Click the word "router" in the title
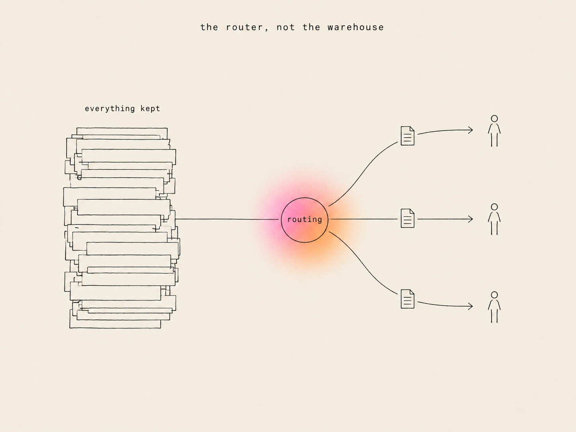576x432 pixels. pyautogui.click(x=244, y=27)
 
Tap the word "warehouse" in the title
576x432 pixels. pyautogui.click(x=356, y=27)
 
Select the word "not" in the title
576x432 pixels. pyautogui.click(x=286, y=27)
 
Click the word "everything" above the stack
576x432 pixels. pyautogui.click(x=110, y=109)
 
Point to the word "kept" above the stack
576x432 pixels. pyautogui.click(x=150, y=109)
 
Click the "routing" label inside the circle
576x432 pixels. pyautogui.click(x=305, y=219)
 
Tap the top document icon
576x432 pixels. pyautogui.click(x=407, y=136)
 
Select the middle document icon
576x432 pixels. pyautogui.click(x=407, y=218)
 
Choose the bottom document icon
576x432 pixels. pyautogui.click(x=407, y=299)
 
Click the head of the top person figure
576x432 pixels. pyautogui.click(x=494, y=119)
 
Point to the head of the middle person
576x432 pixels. pyautogui.click(x=494, y=207)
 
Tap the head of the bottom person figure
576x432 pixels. pyautogui.click(x=494, y=295)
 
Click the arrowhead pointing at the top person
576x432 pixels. pyautogui.click(x=471, y=130)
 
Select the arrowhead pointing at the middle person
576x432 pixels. pyautogui.click(x=471, y=219)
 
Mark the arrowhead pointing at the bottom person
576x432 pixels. pyautogui.click(x=471, y=306)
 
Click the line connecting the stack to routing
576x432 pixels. pyautogui.click(x=227, y=219)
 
